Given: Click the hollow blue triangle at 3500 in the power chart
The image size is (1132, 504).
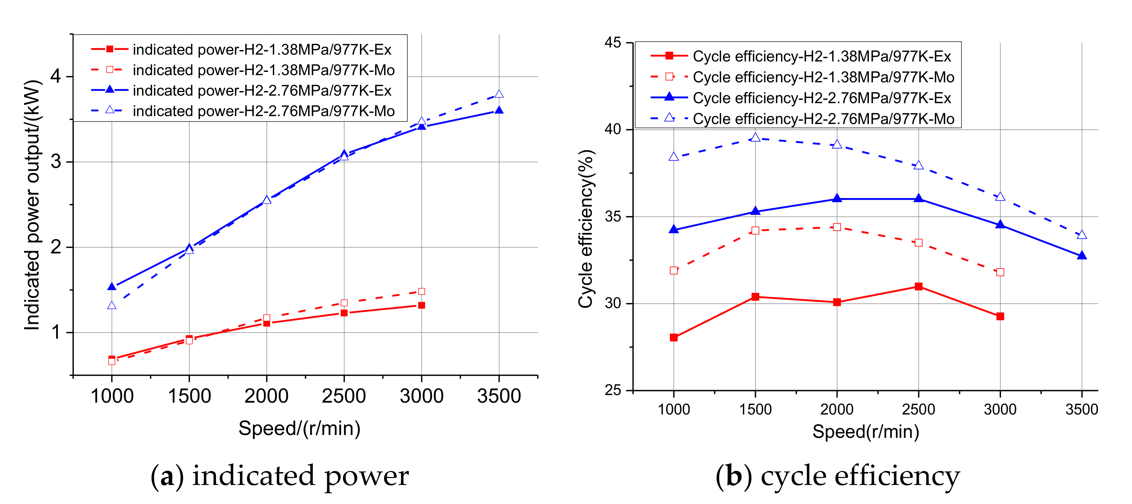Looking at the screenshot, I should pyautogui.click(x=499, y=94).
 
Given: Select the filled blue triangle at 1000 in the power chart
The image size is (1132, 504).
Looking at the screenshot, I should pyautogui.click(x=112, y=287).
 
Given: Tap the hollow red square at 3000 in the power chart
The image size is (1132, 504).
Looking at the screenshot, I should pyautogui.click(x=421, y=292).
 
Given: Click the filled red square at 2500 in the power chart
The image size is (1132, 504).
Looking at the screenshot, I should pyautogui.click(x=344, y=313).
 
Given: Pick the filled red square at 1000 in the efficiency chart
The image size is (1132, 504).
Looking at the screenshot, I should pyautogui.click(x=674, y=338).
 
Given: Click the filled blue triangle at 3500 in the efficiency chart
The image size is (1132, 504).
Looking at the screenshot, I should pyautogui.click(x=1082, y=256).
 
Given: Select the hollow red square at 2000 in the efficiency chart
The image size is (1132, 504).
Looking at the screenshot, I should pyautogui.click(x=837, y=227).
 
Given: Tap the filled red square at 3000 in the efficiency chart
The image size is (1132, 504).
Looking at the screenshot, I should pyautogui.click(x=1000, y=316).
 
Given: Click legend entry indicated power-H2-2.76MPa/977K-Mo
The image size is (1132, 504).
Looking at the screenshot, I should pyautogui.click(x=264, y=111).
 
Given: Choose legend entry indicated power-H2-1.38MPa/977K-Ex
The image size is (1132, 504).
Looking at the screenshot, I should pyautogui.click(x=262, y=50).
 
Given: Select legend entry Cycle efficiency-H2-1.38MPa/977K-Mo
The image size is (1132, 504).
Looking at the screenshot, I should pyautogui.click(x=823, y=77).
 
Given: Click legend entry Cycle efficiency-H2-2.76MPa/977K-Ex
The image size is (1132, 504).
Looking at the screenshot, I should pyautogui.click(x=821, y=98).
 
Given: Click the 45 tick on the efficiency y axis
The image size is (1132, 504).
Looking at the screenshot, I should pyautogui.click(x=613, y=42).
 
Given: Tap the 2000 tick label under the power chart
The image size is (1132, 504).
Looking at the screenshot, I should pyautogui.click(x=266, y=396).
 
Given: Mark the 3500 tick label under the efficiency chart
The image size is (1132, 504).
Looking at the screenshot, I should pyautogui.click(x=1082, y=409).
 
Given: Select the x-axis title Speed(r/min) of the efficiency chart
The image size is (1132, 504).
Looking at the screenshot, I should pyautogui.click(x=865, y=431).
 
